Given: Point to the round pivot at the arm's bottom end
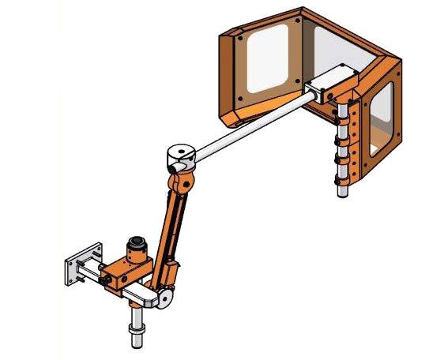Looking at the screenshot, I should (166, 299).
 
